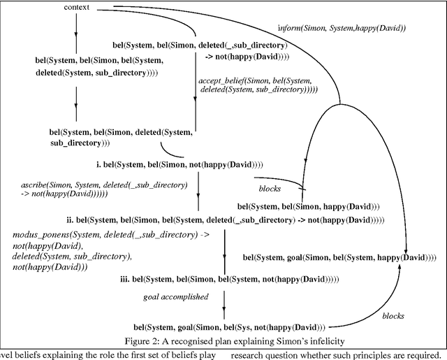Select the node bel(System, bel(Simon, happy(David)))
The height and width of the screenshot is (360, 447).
click(308, 206)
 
